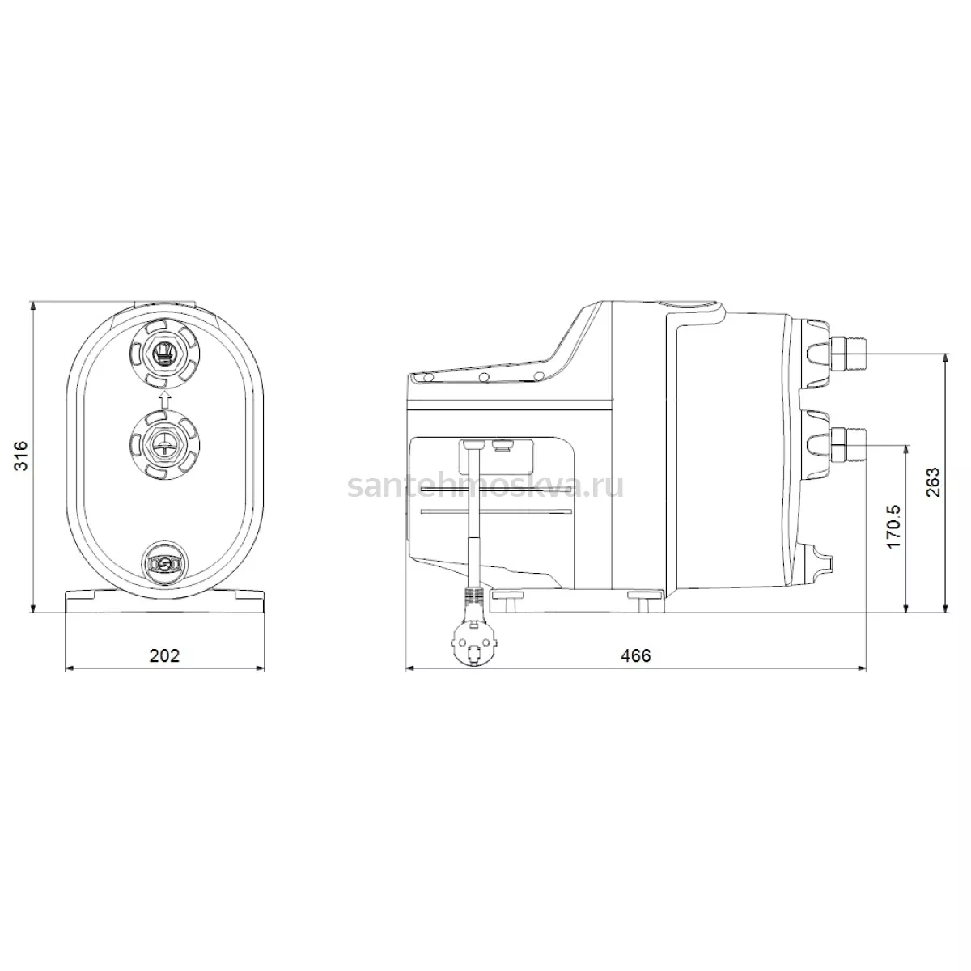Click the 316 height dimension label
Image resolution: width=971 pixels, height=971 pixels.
(x=21, y=456)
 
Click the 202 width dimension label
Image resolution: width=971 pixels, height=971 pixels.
(x=165, y=655)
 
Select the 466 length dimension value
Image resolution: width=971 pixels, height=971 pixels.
(x=636, y=655)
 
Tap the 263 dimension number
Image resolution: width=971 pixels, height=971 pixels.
(x=933, y=482)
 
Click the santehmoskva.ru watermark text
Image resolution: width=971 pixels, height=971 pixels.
(x=485, y=486)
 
